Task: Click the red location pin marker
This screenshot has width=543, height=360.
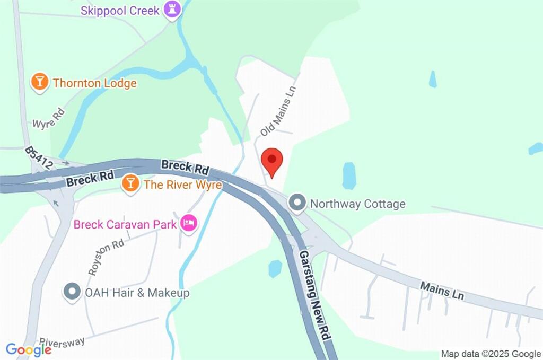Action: coord(272,161)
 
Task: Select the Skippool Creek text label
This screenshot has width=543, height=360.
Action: coord(120,10)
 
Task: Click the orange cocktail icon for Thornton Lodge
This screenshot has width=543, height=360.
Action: coord(39,82)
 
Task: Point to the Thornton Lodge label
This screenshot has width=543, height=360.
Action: coord(94,83)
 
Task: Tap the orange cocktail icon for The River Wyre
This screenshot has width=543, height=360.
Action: coord(130,184)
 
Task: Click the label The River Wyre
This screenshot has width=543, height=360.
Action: coord(182,185)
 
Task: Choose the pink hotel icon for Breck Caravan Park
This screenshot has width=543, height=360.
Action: coord(188,223)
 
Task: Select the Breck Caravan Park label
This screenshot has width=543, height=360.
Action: coord(125,224)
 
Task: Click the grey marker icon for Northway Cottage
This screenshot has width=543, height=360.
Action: coord(297,203)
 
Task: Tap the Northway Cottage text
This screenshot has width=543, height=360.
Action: coord(357,204)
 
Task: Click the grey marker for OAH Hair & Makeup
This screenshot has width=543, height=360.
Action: coord(71,292)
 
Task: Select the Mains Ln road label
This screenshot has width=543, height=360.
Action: coord(442,291)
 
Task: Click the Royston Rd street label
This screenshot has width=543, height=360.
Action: coord(106,257)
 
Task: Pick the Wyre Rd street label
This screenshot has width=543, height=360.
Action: coord(48,119)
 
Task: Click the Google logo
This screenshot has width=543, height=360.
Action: coord(29,349)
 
